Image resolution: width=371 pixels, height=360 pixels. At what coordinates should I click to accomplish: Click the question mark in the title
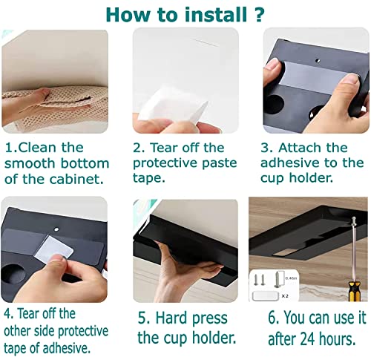tap(259, 14)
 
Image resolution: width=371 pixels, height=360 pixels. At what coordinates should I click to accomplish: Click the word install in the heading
tap(216, 15)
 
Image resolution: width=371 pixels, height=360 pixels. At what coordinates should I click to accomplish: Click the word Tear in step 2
tap(165, 148)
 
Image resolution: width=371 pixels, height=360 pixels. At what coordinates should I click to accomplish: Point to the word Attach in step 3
tap(297, 148)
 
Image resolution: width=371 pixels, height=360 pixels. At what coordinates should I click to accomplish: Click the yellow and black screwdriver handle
tap(354, 291)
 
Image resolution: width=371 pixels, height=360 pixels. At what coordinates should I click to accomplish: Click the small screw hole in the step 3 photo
tap(318, 61)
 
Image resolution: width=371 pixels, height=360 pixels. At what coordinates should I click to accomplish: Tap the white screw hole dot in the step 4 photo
tap(56, 229)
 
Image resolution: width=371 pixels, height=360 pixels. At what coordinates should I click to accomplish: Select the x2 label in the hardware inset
tap(285, 295)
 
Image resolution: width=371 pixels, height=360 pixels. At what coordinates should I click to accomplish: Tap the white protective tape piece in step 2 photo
tap(173, 103)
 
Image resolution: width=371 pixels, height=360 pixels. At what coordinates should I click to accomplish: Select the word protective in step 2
tap(165, 163)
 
